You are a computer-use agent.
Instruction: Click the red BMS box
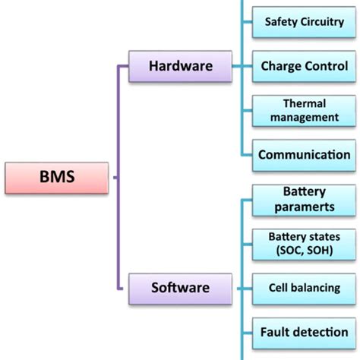58,179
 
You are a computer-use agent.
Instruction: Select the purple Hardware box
180,66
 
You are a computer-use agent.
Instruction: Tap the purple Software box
180,288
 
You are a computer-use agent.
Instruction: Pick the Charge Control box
304,66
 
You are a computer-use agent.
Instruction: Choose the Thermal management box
304,110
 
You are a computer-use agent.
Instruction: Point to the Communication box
304,155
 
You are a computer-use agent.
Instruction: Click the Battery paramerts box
304,199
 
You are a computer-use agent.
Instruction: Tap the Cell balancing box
304,288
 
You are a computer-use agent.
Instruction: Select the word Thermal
304,103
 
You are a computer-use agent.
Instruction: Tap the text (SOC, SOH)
304,251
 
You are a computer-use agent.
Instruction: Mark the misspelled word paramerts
304,206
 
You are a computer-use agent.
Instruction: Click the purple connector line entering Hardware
123,66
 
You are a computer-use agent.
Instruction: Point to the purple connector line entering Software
123,288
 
